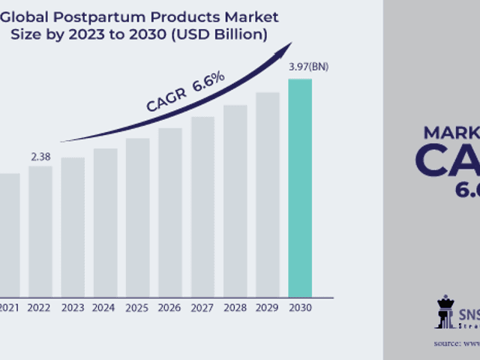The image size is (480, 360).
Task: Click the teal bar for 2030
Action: [300, 187]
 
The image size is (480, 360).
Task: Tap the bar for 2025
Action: [137, 217]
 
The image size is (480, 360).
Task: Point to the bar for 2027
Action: [202, 205]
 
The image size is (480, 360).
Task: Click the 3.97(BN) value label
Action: [308, 67]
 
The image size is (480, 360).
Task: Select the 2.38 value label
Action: [40, 157]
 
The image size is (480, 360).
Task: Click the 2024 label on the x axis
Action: [105, 307]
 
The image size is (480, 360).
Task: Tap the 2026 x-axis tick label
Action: [169, 307]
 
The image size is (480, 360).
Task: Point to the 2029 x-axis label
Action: [267, 307]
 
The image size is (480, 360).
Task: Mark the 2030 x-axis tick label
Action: [300, 307]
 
